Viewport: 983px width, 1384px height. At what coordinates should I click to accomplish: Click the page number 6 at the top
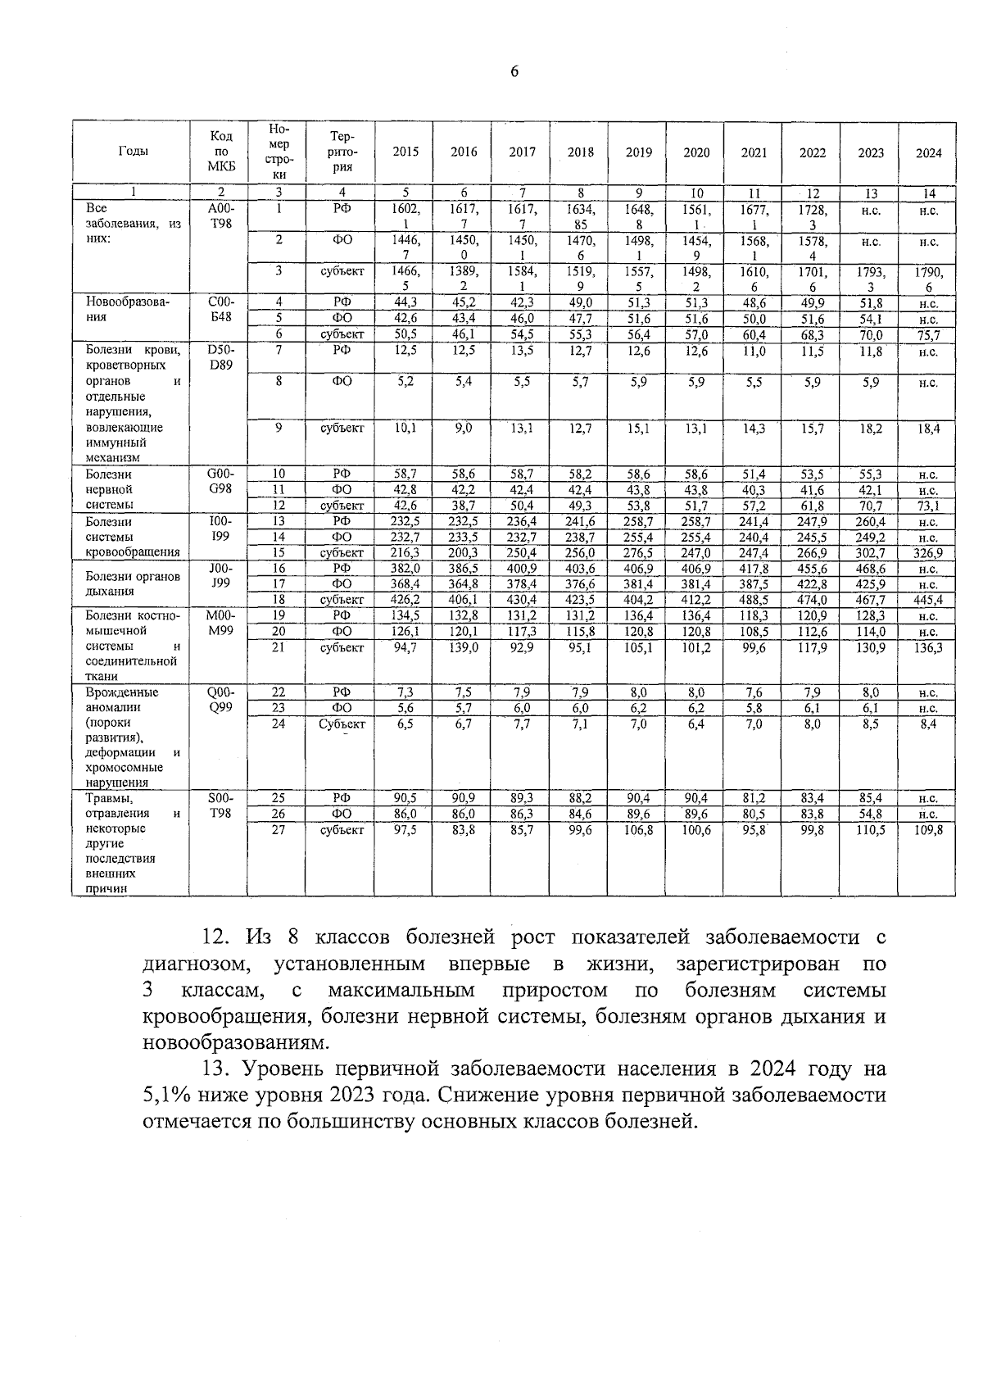pos(514,72)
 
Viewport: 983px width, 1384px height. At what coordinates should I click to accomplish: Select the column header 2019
pos(638,152)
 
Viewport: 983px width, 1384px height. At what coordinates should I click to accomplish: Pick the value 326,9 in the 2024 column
pos(927,553)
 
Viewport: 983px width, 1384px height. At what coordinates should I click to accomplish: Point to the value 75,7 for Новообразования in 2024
pos(927,334)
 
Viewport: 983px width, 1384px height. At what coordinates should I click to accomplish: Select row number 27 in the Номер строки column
pos(279,829)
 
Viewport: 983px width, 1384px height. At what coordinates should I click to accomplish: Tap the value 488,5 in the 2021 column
pos(754,600)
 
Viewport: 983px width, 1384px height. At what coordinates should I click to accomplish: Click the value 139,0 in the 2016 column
pos(464,647)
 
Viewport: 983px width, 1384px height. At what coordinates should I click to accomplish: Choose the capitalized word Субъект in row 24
pos(342,724)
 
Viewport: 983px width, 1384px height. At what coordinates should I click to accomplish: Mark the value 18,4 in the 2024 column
pos(927,428)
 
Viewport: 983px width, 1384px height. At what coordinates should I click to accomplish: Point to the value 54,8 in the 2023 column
pos(870,814)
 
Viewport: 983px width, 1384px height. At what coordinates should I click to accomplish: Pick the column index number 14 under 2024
pos(927,193)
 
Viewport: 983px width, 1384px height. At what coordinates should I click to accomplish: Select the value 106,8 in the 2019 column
pos(638,829)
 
